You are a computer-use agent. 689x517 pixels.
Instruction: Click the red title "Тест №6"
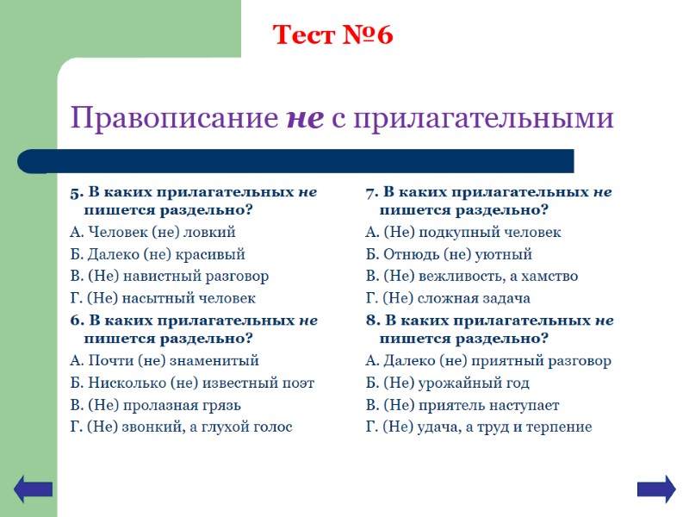pos(332,35)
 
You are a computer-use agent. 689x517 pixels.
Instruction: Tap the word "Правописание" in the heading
pos(175,118)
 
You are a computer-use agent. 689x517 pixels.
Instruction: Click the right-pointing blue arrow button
pos(655,489)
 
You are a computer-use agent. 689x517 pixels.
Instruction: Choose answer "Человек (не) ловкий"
pos(152,233)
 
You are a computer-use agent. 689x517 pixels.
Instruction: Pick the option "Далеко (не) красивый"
pos(158,254)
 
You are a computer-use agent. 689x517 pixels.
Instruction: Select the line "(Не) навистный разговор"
pos(170,277)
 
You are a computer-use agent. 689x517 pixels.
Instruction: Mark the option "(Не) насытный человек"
pos(163,298)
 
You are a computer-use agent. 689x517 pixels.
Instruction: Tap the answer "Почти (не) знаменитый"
pos(164,361)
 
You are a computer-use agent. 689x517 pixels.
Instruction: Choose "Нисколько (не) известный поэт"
pos(192,383)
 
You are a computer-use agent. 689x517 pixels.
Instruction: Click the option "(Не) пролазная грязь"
pos(155,405)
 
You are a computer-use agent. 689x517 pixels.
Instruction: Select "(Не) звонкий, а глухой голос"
pos(181,427)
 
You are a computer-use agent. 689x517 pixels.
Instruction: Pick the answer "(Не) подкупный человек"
pos(463,233)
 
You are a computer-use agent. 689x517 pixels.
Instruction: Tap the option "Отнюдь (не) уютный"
pos(449,254)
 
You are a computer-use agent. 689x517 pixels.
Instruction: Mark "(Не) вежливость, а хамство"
pos(472,277)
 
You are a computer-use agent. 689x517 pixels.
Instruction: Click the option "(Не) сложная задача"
pos(448,298)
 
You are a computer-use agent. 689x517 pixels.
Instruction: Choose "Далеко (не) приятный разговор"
pos(488,361)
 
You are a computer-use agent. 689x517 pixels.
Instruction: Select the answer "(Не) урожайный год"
pos(448,383)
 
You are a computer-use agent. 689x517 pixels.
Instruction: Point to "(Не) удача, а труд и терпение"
pos(479,427)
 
